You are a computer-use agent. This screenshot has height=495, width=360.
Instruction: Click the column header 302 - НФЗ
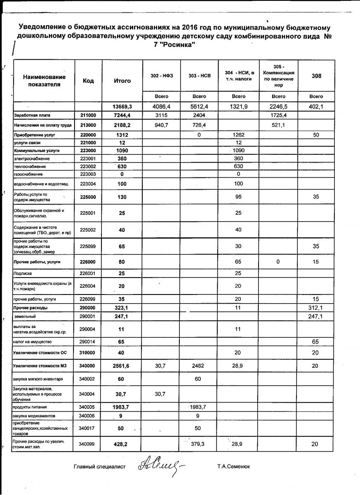(162, 76)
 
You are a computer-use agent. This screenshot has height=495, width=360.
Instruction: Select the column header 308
(316, 76)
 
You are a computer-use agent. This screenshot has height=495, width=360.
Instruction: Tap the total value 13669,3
(122, 106)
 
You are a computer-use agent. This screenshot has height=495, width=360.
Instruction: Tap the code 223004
(88, 184)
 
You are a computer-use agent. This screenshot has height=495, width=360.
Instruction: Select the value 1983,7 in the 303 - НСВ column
(199, 407)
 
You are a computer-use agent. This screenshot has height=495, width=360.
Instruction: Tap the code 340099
(88, 444)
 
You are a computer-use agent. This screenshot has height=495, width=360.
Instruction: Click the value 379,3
(199, 444)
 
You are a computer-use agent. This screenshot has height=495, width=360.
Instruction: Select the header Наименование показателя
(44, 80)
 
